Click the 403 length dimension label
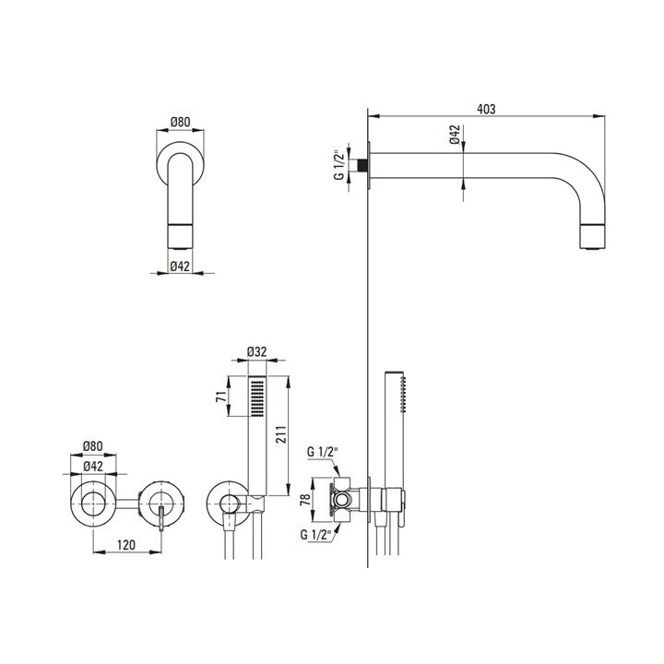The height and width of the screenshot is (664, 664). click(x=486, y=109)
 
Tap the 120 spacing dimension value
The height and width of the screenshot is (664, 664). click(x=126, y=545)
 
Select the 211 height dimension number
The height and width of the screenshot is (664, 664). click(x=280, y=434)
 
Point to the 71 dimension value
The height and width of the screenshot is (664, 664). click(x=221, y=397)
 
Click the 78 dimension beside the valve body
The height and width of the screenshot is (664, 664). click(x=305, y=500)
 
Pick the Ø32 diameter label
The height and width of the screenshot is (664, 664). click(x=256, y=352)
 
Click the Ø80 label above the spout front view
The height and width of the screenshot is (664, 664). click(x=181, y=122)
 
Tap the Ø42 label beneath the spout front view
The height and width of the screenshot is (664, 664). click(x=180, y=267)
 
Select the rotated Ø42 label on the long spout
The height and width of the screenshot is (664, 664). click(x=455, y=135)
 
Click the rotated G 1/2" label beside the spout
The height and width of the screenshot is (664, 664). click(x=338, y=164)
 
